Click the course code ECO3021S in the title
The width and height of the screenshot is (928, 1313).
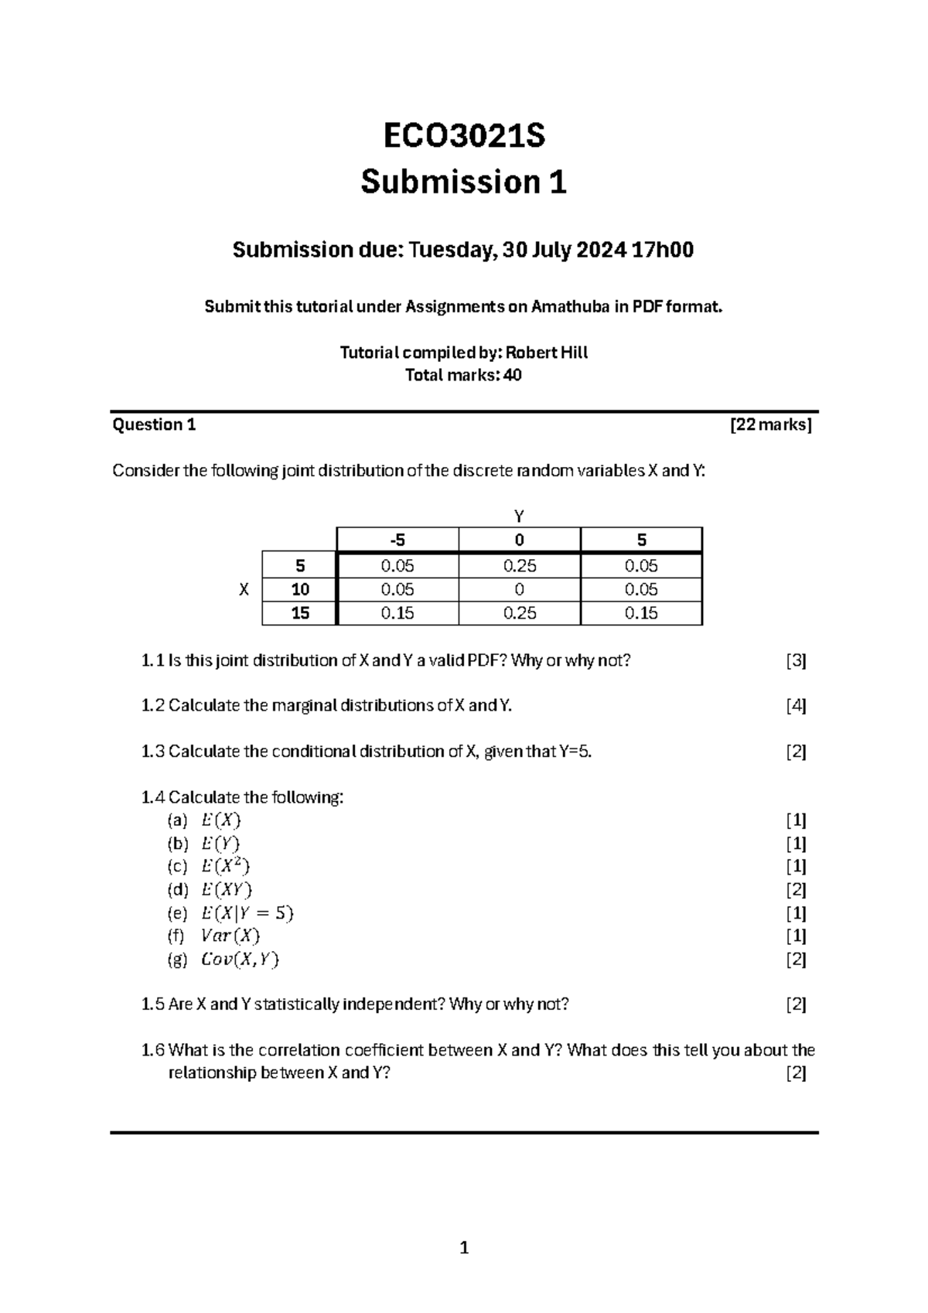tap(464, 136)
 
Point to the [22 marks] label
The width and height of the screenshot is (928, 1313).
tap(770, 425)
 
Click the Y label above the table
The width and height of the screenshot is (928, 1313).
tap(520, 516)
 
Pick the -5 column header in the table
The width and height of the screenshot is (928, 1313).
tap(397, 540)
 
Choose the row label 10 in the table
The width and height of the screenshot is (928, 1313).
tap(300, 589)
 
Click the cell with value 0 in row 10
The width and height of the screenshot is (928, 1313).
tap(519, 589)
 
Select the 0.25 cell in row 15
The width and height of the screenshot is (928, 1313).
tap(519, 613)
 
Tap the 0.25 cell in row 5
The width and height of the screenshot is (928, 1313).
tap(519, 566)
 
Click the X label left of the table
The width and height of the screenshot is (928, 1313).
tap(244, 589)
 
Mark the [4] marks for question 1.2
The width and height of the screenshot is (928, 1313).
tap(796, 705)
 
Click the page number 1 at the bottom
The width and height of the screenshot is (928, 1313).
tap(464, 1247)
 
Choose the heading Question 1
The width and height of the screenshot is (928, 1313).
tap(154, 425)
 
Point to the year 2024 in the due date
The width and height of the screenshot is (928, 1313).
tap(600, 251)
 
